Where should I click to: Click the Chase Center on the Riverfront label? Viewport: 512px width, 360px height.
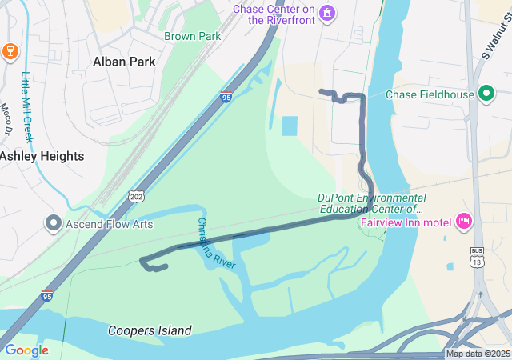tap(272, 14)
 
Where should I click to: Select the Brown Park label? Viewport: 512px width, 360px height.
tap(192, 36)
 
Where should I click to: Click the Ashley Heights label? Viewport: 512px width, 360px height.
tap(42, 156)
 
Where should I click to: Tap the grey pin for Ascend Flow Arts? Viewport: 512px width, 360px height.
tap(54, 223)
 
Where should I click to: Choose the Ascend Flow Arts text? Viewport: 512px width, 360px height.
tap(110, 224)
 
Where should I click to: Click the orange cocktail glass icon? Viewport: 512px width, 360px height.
tap(10, 51)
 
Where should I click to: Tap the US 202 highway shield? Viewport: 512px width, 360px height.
tap(135, 195)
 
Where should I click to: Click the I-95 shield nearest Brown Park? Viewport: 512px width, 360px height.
tap(226, 98)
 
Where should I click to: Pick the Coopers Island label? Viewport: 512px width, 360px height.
tap(150, 330)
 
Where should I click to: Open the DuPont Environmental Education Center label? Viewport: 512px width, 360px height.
tap(371, 203)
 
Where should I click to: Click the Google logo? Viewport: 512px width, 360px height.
tap(26, 350)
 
